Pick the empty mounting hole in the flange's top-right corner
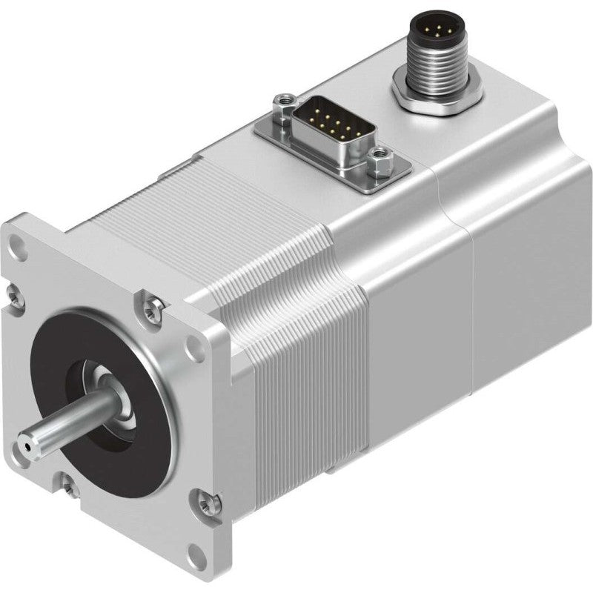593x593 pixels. tap(195, 345)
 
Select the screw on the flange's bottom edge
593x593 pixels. tap(68, 486)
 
